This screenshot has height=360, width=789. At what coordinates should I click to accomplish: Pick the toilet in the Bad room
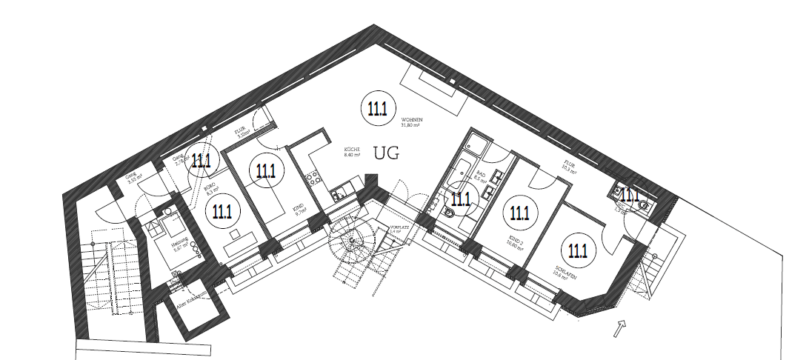(x=450, y=213)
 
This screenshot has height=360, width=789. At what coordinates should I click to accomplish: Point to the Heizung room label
(x=180, y=245)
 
